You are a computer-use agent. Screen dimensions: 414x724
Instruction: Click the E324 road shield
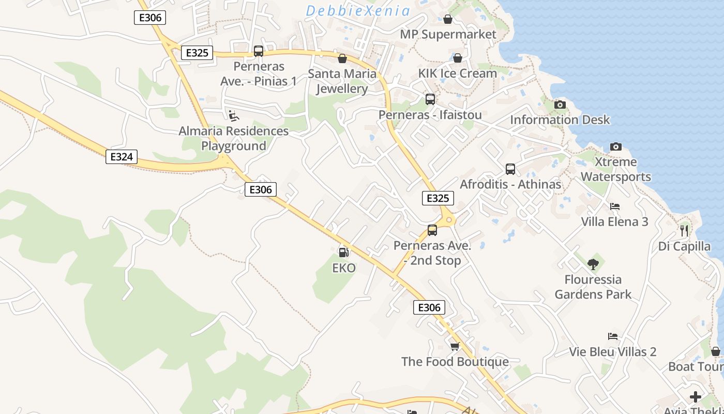coord(122,157)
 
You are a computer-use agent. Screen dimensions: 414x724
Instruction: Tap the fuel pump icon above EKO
coord(343,252)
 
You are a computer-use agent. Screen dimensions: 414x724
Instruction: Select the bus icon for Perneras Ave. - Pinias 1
coord(259,51)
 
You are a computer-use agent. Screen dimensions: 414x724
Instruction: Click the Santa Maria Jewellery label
coord(342,81)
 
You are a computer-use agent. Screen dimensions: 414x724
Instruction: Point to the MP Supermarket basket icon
coord(448,19)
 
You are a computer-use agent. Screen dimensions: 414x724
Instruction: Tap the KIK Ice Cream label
coord(457,73)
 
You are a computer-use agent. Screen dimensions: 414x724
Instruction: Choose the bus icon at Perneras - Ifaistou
coord(430,99)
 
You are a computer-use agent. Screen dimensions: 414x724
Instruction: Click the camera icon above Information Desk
coord(560,105)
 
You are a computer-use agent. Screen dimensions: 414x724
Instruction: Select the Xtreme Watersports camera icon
coord(615,146)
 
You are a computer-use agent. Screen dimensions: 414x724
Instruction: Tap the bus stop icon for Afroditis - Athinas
coord(510,169)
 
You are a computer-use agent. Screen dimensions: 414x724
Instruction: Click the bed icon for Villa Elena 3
coord(614,206)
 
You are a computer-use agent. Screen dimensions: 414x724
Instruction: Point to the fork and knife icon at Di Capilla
coord(684,230)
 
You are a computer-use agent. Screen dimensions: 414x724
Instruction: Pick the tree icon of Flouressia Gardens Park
coord(593,264)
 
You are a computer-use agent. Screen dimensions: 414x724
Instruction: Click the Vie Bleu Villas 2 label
coord(613,352)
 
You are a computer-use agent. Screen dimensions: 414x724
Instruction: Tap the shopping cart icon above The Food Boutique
coord(455,346)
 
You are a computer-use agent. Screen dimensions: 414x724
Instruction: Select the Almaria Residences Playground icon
coord(234,115)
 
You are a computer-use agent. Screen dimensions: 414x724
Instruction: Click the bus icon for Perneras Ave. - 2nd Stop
coord(432,230)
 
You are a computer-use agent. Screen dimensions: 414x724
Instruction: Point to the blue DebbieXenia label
coord(358,11)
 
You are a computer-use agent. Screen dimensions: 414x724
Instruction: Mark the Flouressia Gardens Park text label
coord(593,287)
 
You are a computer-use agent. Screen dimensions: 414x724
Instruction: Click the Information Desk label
coord(560,120)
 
